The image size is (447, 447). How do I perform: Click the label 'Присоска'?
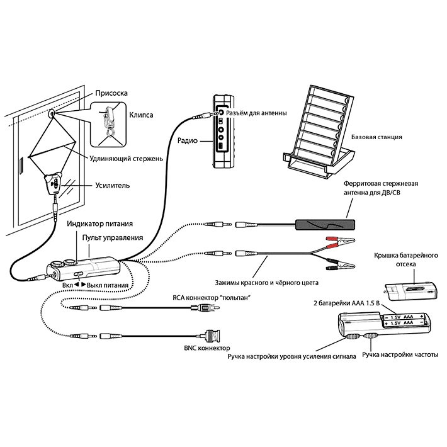point(110,93)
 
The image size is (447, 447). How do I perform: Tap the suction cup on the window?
point(51,115)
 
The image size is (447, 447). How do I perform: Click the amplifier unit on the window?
point(55,185)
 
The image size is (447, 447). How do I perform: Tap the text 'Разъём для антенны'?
point(257,113)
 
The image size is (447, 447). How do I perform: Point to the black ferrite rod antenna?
point(324,225)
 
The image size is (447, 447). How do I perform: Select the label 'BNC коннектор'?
point(205,348)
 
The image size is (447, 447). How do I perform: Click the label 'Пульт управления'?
point(113,237)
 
